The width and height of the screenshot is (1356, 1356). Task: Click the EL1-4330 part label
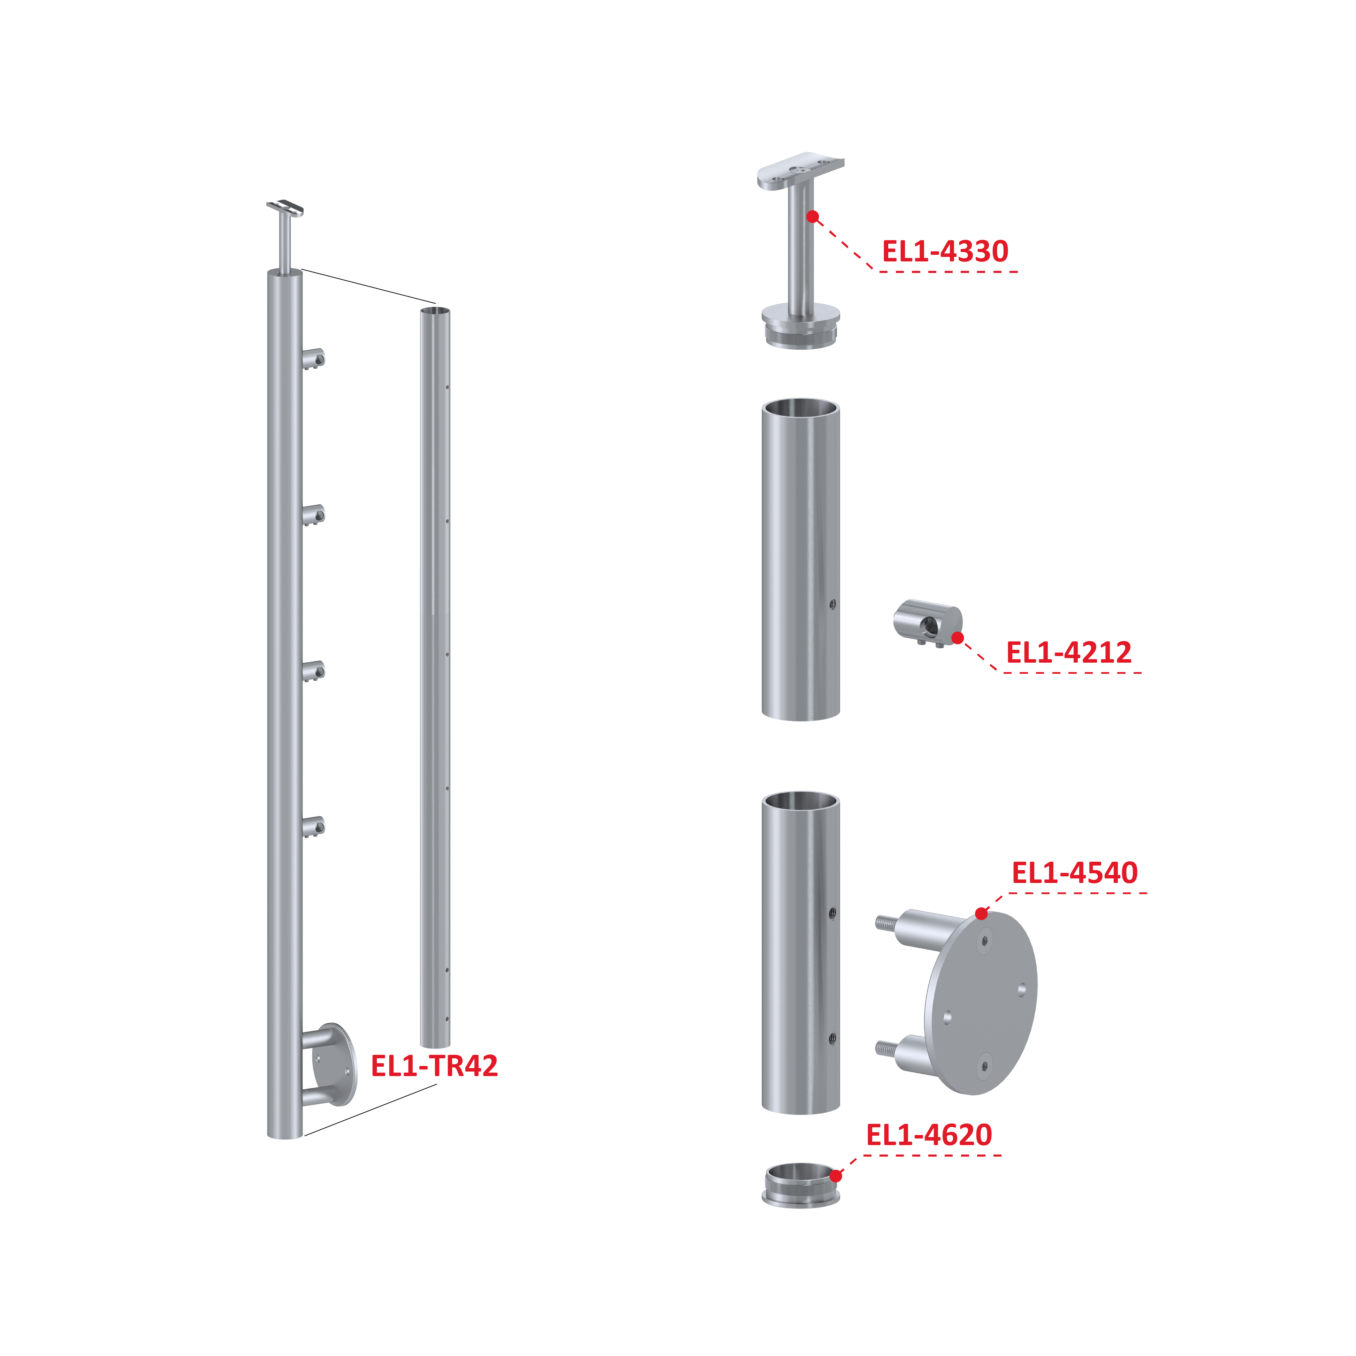click(945, 251)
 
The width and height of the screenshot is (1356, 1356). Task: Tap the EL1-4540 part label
click(1074, 873)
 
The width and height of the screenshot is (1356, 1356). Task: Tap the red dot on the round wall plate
click(981, 914)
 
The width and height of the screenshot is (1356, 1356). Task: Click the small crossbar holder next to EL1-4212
click(927, 623)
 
